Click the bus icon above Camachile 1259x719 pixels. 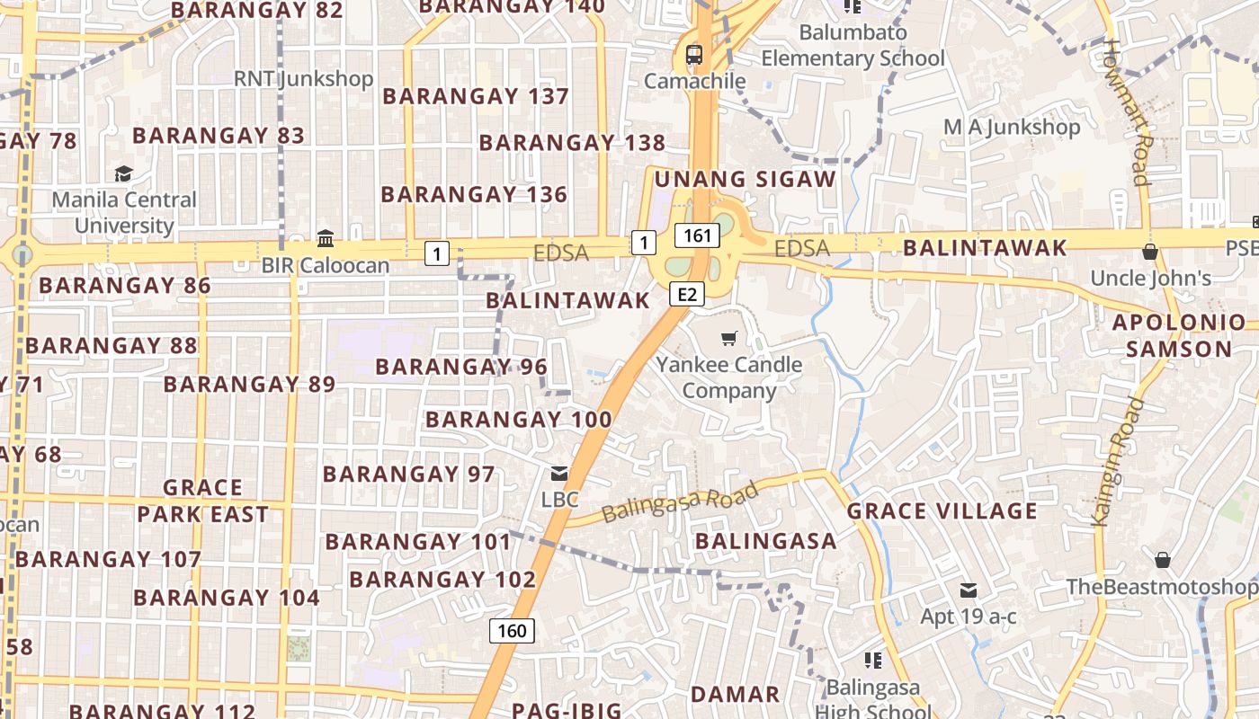tap(693, 54)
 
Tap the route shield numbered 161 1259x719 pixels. tap(697, 236)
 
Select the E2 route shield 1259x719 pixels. tap(686, 294)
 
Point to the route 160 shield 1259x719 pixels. tap(512, 630)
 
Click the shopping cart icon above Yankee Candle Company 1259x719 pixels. tap(728, 339)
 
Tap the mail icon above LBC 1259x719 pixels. tap(559, 474)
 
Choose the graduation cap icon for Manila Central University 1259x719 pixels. tap(123, 173)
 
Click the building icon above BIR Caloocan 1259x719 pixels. tap(326, 239)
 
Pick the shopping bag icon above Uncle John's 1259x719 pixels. tap(1149, 252)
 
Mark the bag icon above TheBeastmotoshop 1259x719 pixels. tap(1162, 560)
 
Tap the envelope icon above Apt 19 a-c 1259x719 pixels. tap(968, 590)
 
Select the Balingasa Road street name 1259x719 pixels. tap(680, 502)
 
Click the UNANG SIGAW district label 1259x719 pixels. tap(746, 179)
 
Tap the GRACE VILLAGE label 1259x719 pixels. tap(942, 511)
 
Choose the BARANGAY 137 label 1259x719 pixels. tap(476, 96)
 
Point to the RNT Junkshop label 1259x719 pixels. tap(303, 79)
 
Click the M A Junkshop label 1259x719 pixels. tap(1012, 128)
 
